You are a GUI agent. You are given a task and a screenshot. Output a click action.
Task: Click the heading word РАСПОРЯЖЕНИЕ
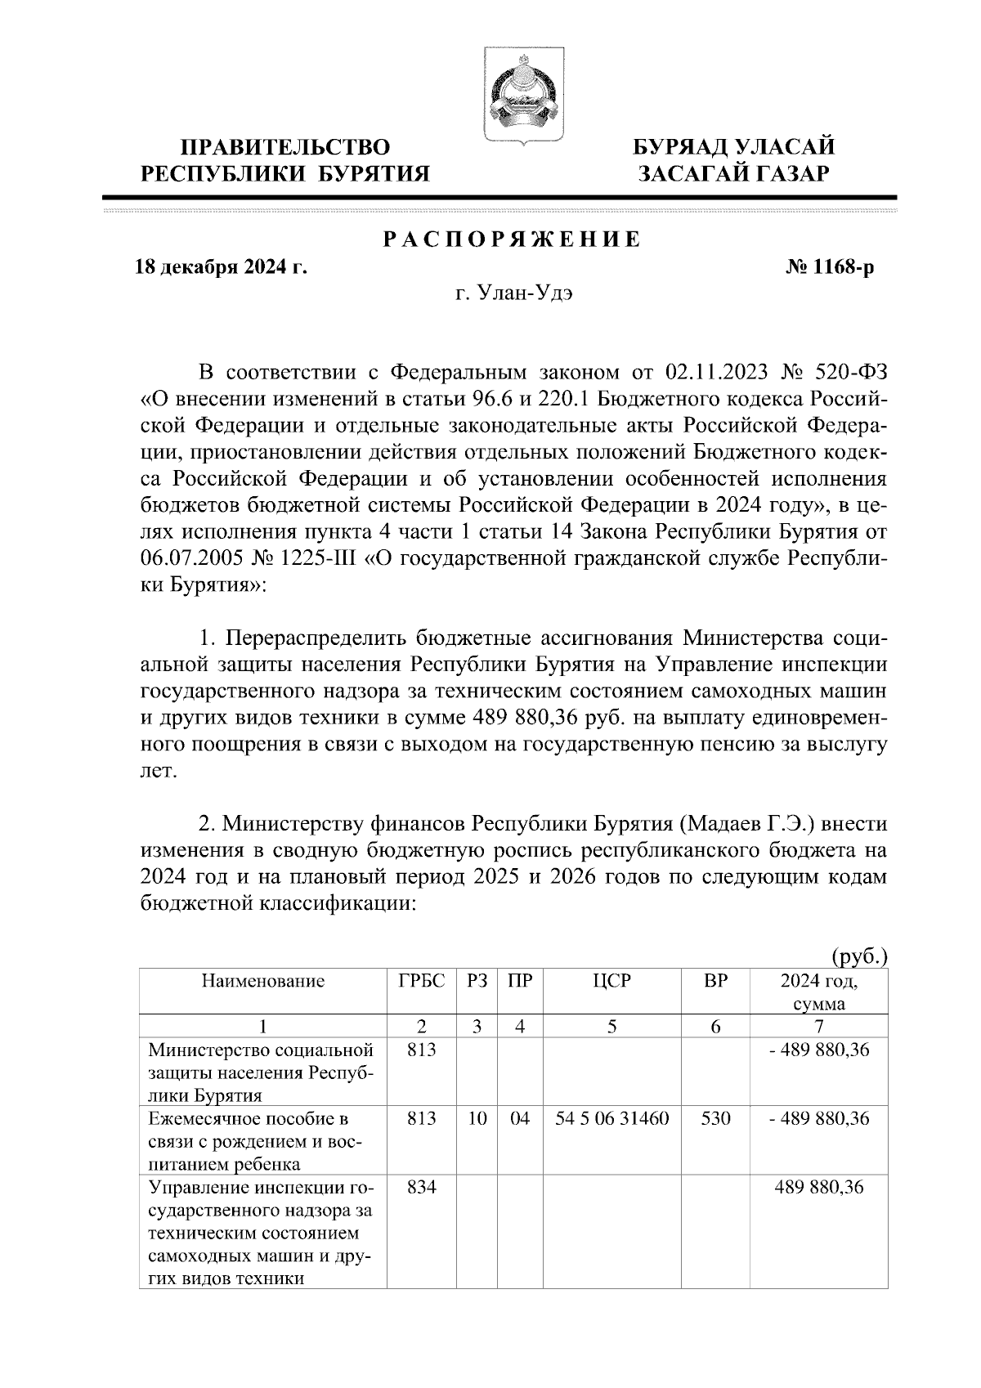click(x=513, y=240)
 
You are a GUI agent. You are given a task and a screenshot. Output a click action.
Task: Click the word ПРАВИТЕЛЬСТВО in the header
click(x=285, y=148)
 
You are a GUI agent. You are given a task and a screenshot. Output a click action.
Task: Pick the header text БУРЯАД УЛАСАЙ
click(x=735, y=148)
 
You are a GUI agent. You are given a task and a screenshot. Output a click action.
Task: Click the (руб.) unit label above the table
click(x=858, y=956)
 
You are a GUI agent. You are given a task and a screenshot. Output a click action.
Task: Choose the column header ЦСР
click(x=611, y=981)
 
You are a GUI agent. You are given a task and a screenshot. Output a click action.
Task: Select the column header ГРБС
click(x=422, y=981)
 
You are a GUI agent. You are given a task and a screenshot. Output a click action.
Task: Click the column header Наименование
click(x=263, y=981)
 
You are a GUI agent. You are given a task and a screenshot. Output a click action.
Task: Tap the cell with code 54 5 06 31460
click(x=611, y=1117)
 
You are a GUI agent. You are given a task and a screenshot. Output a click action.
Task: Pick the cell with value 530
click(x=715, y=1117)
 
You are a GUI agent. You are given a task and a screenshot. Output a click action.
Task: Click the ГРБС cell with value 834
click(x=422, y=1186)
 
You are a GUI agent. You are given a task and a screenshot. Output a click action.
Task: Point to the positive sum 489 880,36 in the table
click(x=819, y=1186)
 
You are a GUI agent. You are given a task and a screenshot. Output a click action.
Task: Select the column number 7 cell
click(x=819, y=1027)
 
